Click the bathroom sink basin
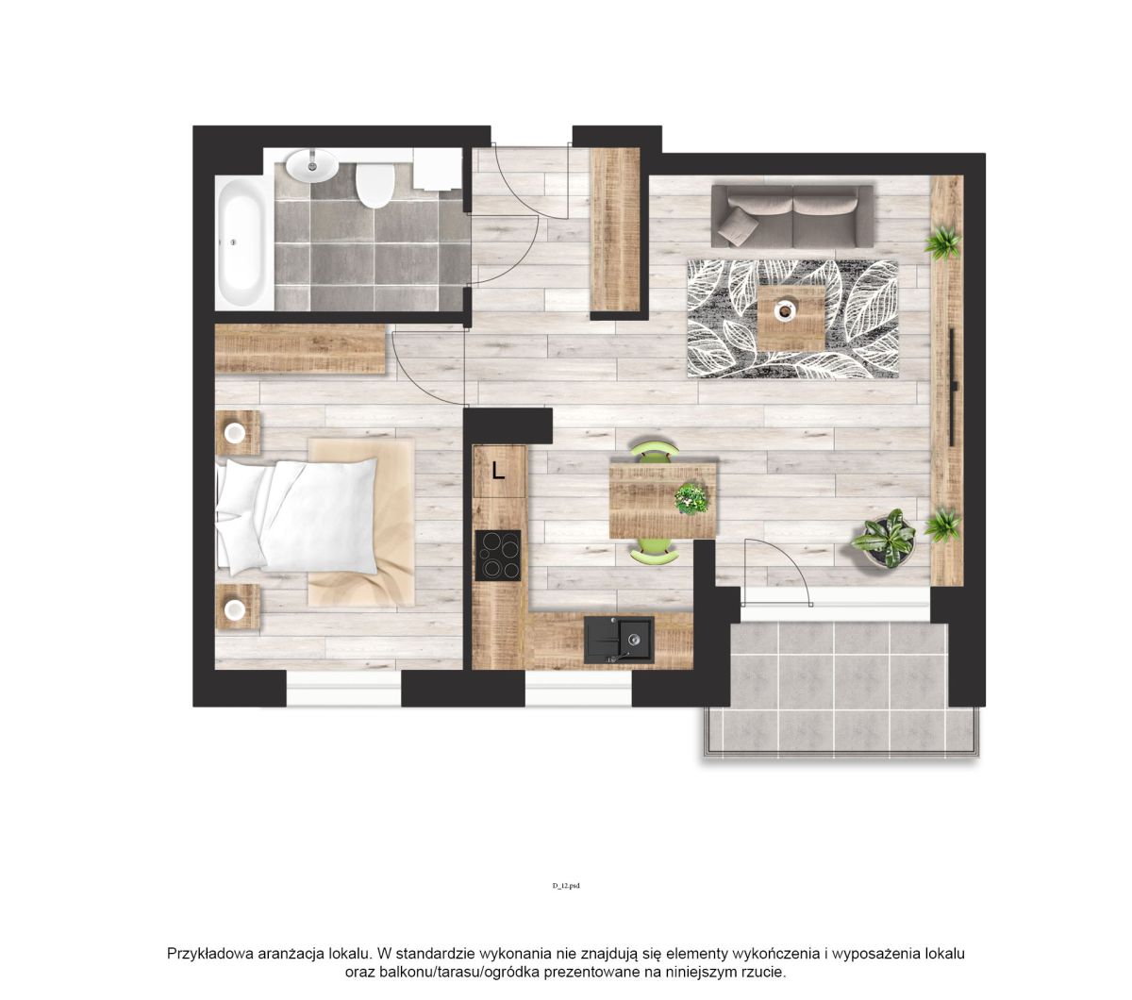click(x=311, y=165)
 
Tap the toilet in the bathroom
click(x=375, y=185)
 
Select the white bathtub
click(x=244, y=242)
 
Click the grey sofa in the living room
click(x=791, y=216)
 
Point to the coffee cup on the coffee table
click(x=785, y=309)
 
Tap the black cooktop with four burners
click(x=497, y=555)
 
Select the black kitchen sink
click(x=619, y=640)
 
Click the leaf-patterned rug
click(x=792, y=319)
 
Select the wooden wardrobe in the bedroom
click(x=300, y=348)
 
